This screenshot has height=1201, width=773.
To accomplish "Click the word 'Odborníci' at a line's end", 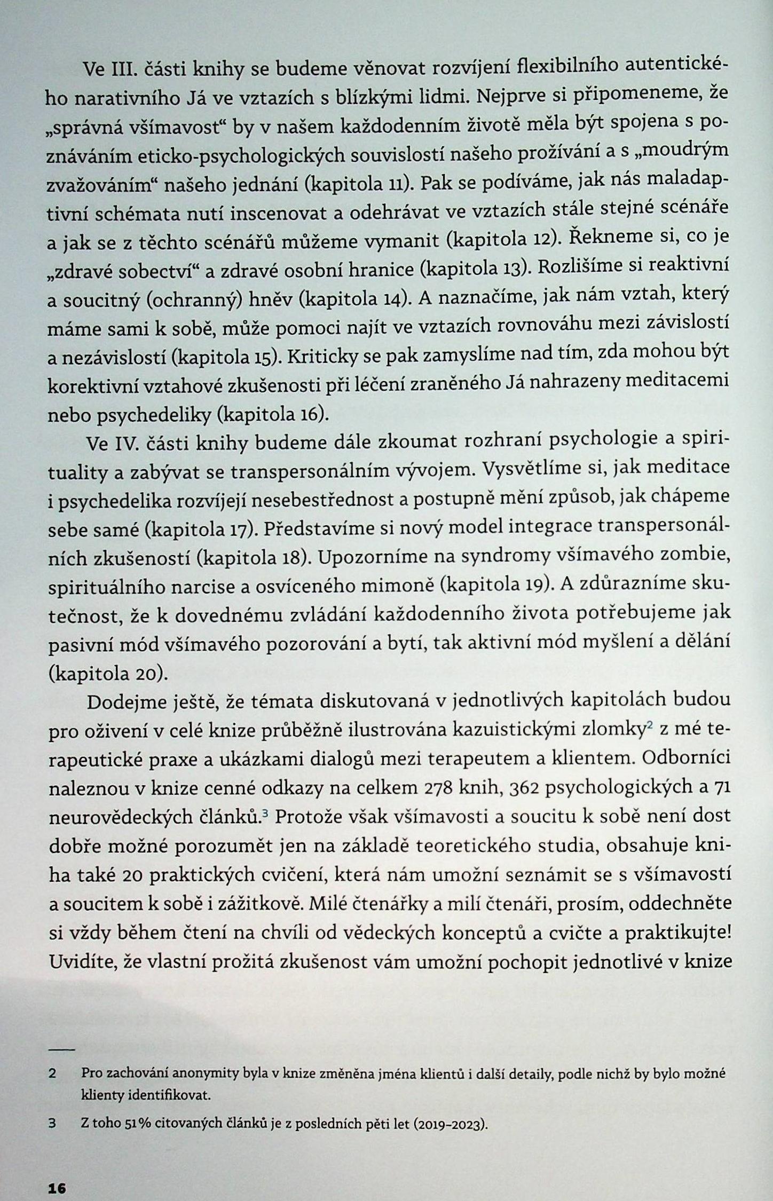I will (687, 759).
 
